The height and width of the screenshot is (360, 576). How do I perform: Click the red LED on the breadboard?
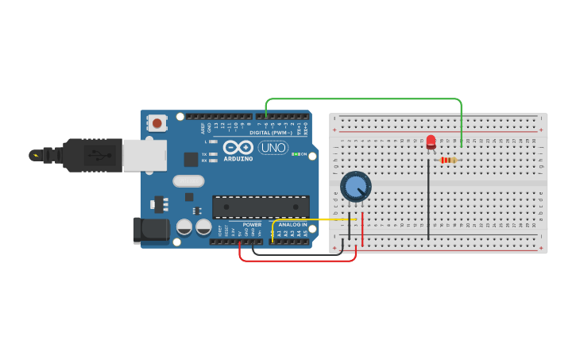[431, 141]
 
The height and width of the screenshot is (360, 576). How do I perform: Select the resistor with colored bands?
[449, 160]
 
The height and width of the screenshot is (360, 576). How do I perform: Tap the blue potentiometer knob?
[355, 187]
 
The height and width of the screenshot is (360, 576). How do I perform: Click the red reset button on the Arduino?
[157, 123]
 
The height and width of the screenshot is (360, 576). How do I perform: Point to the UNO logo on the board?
[273, 147]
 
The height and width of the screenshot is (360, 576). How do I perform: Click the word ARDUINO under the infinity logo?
[238, 158]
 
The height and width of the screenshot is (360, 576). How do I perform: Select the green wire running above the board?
[363, 99]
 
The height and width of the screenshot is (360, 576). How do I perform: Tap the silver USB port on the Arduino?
[144, 155]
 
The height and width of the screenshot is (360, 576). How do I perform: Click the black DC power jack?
[151, 230]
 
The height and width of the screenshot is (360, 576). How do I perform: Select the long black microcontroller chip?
[261, 207]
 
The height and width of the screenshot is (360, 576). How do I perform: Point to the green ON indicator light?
[296, 153]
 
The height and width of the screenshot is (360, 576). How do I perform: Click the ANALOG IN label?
[292, 225]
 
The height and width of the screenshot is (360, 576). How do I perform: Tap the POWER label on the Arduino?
[252, 225]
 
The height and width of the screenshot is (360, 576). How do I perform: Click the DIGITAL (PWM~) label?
[270, 133]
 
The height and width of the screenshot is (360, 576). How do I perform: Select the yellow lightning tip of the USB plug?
[34, 155]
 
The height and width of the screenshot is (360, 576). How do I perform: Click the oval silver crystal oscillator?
[188, 181]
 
